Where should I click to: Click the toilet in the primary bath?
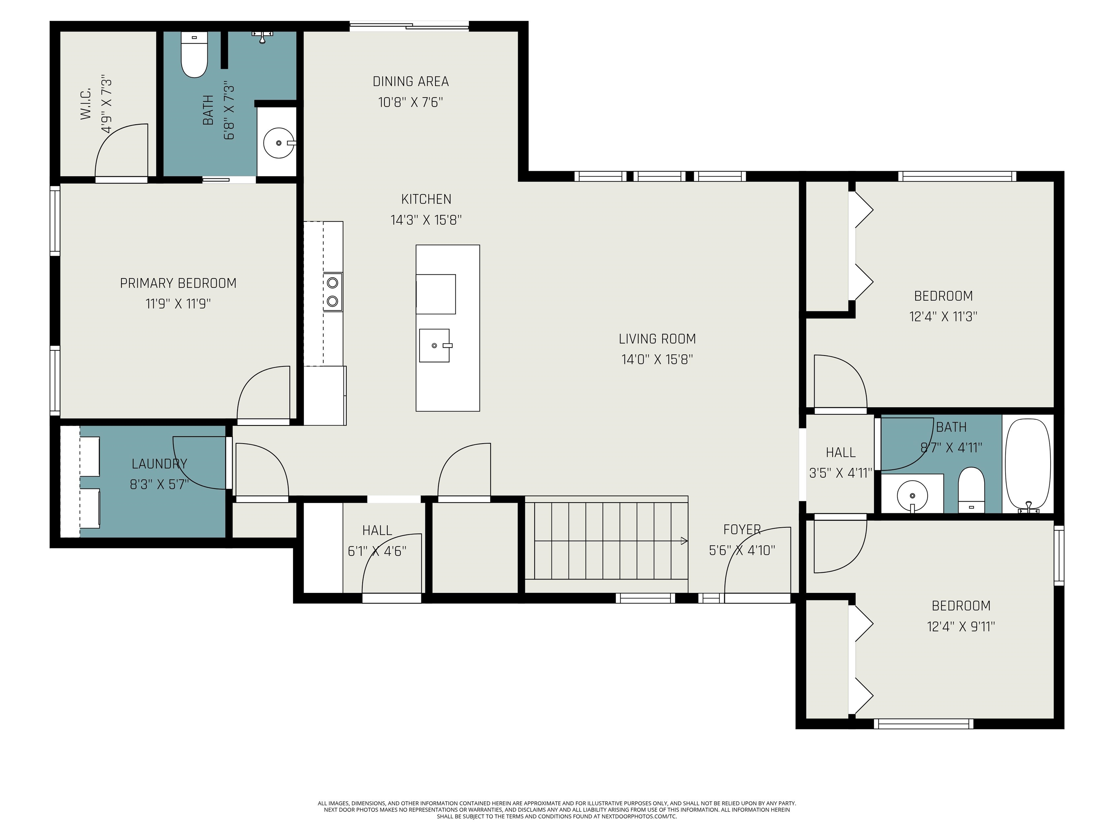coord(194,54)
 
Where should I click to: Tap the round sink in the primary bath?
coord(278,143)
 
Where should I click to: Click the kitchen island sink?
coord(434,345)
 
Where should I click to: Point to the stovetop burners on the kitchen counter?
coord(333,292)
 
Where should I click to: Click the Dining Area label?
coord(410,82)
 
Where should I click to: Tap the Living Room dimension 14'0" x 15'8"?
coord(657,360)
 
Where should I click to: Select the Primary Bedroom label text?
coord(178,283)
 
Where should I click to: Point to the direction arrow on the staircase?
coord(684,541)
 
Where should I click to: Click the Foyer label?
coord(742,529)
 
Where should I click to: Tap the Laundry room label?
coord(159,464)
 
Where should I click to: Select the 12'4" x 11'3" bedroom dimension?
coord(943,317)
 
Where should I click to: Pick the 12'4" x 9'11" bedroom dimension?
coord(961,627)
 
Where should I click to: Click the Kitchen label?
coord(426,199)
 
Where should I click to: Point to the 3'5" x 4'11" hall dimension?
coord(841,473)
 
